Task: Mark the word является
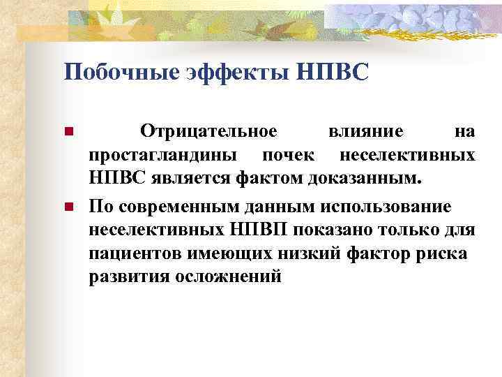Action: pyautogui.click(x=184, y=179)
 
